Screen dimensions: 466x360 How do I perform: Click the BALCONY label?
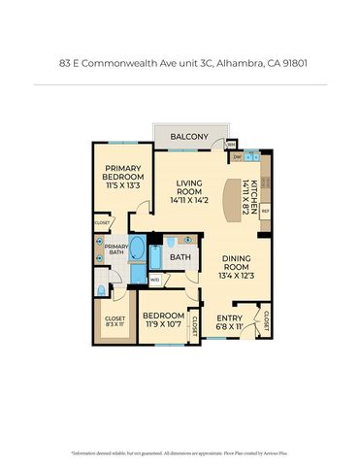189,137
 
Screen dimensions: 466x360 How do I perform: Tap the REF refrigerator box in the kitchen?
265,210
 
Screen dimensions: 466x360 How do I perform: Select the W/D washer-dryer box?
154,281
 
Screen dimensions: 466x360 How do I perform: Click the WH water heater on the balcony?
231,144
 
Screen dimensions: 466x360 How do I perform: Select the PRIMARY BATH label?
115,250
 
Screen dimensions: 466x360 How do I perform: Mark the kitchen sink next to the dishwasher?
251,154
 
